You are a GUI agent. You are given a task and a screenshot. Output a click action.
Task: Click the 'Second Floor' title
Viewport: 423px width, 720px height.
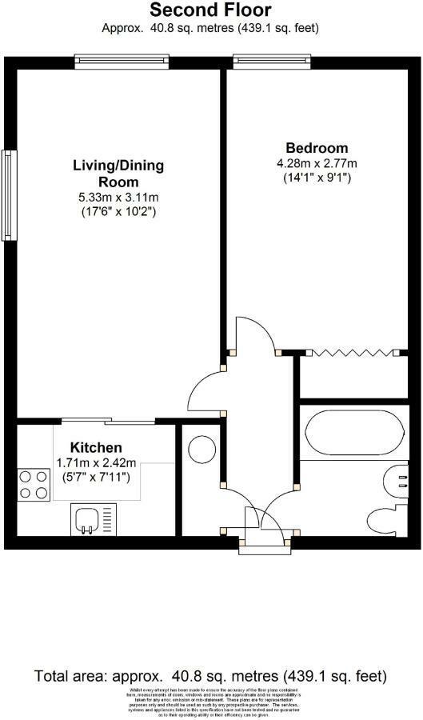[x=210, y=10]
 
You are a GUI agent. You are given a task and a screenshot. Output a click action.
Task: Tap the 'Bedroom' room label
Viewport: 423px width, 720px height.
[x=317, y=148]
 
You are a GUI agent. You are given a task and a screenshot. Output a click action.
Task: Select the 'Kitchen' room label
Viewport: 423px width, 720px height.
[x=96, y=447]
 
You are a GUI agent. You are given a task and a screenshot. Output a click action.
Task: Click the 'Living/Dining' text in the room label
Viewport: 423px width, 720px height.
[x=118, y=166]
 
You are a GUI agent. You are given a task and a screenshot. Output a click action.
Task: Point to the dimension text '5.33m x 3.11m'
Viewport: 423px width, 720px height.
[x=118, y=198]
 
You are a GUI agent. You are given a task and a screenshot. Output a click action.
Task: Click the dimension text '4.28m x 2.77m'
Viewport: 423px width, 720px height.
[x=317, y=163]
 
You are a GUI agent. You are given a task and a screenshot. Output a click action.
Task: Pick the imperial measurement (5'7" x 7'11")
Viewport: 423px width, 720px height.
[x=96, y=478]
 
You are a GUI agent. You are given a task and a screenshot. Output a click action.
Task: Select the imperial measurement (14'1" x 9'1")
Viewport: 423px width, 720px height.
[x=317, y=178]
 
